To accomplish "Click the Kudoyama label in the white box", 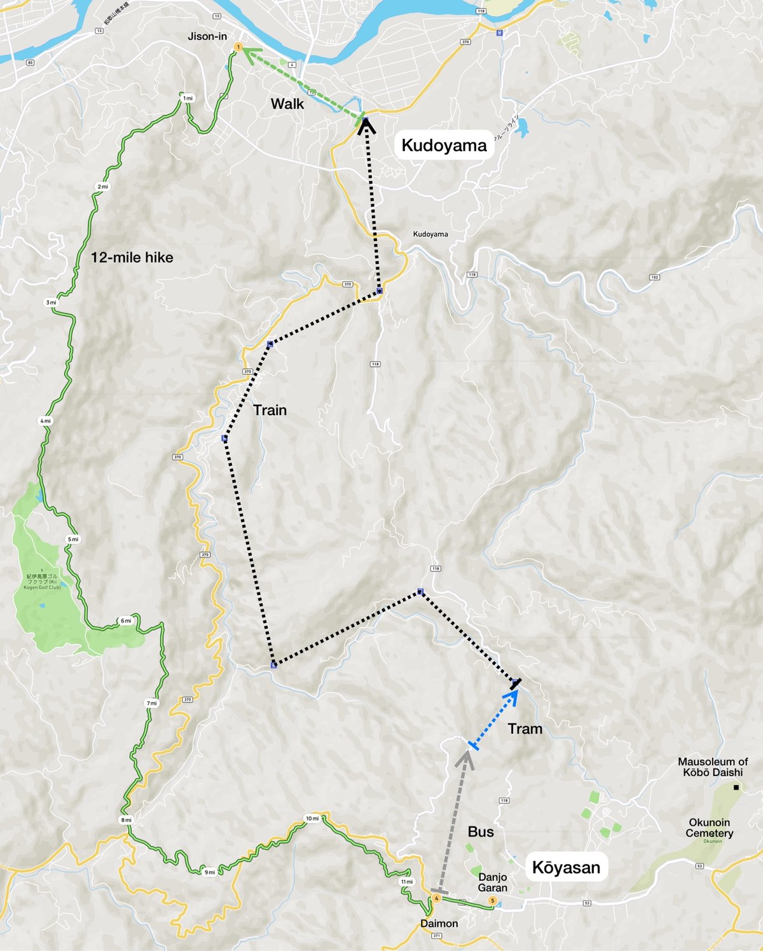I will point(444,146).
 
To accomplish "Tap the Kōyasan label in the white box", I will point(566,868).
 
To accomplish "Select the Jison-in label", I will point(207,36).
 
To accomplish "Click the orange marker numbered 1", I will point(238,47).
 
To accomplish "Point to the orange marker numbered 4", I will point(436,898).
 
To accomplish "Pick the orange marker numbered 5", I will point(492,901).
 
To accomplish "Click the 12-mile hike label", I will point(132,257).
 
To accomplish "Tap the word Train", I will point(270,410).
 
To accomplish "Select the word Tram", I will point(525,729).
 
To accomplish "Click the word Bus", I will point(481,832).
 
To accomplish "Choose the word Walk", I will point(287,104).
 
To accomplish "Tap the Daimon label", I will point(439,923).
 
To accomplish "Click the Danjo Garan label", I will point(493,882).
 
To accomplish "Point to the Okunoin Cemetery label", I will point(710,828).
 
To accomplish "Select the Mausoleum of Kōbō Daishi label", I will point(713,767).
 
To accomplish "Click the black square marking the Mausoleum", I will point(736,788).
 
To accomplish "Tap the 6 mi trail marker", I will point(126,621).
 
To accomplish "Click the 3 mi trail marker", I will point(51,303).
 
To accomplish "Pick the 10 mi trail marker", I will point(312,819).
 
